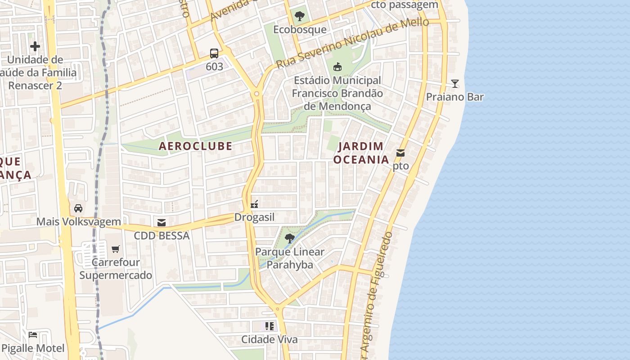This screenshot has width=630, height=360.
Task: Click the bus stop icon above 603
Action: pos(214,54)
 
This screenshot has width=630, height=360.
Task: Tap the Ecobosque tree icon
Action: pos(299,17)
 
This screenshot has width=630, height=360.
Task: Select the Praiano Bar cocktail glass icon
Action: pos(455,84)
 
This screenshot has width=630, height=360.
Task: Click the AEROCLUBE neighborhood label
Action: pos(195,146)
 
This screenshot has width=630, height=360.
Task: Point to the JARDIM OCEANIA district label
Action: pos(361,153)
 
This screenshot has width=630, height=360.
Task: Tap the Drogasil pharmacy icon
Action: pos(254,204)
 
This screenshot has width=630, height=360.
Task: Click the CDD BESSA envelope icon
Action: pos(162,222)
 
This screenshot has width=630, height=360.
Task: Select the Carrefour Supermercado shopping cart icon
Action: pos(116,249)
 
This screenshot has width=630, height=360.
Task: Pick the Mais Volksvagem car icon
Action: pos(78,208)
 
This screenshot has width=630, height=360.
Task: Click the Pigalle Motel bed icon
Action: pos(33,335)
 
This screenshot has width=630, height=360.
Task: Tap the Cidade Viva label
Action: pos(270,339)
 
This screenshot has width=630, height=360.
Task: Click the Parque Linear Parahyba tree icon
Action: pos(290,238)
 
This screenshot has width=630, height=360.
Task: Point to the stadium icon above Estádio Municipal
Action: pos(337,67)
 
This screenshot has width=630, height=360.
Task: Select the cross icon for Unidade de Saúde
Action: pos(35,46)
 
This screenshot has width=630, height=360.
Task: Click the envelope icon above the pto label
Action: pos(400,153)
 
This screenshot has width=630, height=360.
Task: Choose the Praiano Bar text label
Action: pos(455,97)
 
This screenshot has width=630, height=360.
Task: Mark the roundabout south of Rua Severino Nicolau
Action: pos(256,94)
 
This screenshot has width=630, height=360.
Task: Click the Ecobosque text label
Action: pos(300,30)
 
